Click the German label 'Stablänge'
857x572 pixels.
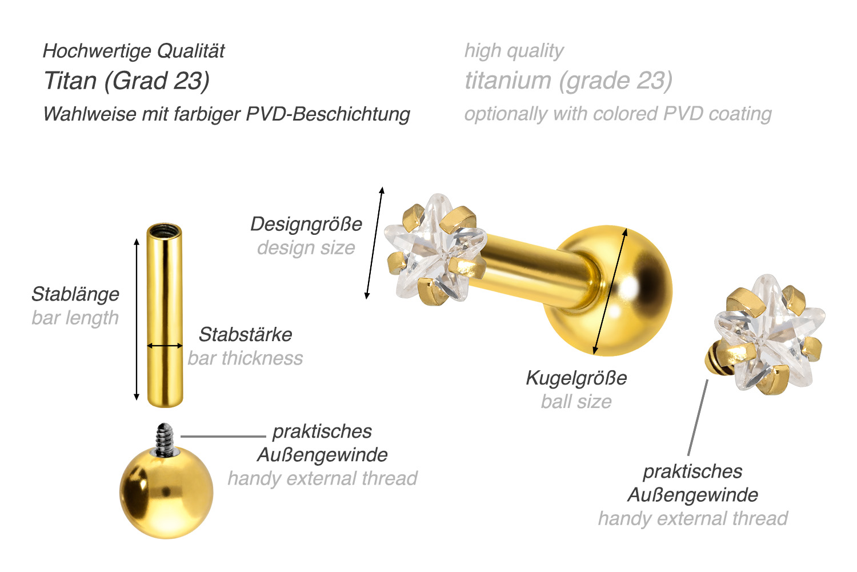point(75,294)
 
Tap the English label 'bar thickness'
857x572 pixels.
point(245,358)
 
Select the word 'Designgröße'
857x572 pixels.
point(306,224)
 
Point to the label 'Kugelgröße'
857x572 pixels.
point(576,378)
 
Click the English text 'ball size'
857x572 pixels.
point(576,402)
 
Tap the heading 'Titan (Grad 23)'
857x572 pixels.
point(127,81)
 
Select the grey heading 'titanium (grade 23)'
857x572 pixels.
point(568,81)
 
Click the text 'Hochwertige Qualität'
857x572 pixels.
point(134,51)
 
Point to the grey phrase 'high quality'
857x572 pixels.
point(514,51)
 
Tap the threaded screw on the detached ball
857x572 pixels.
point(165,439)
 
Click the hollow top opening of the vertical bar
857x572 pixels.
point(165,231)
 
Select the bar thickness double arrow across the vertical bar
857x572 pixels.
point(165,346)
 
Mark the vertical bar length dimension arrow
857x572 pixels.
point(137,319)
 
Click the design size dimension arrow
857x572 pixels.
point(374,243)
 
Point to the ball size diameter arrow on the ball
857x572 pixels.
point(610,291)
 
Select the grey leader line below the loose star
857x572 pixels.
point(698,417)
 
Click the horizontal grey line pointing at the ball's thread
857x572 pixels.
point(223,436)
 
